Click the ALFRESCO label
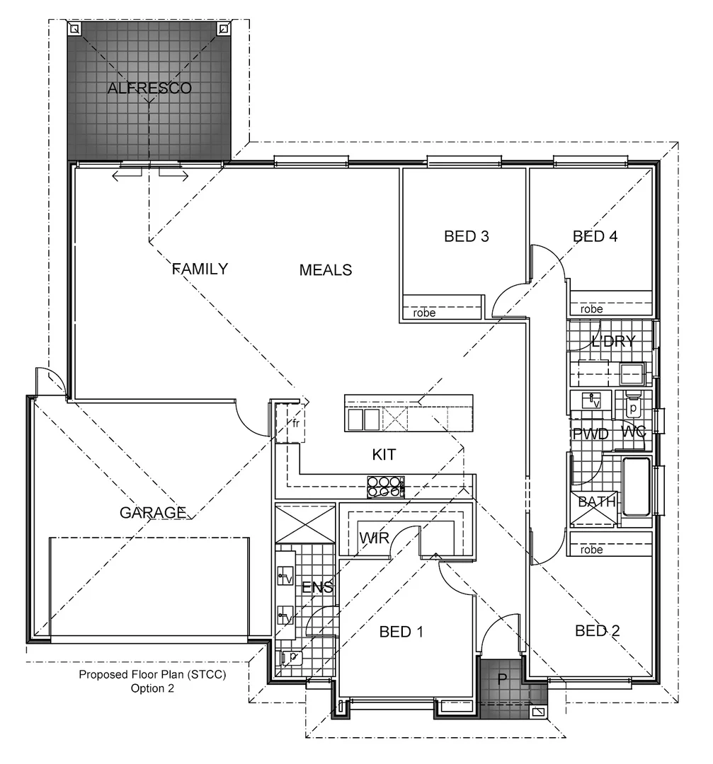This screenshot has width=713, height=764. pos(149,88)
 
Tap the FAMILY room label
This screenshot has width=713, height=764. pos(200,269)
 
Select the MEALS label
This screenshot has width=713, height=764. pos(326,270)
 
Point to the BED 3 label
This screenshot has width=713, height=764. pos(467,236)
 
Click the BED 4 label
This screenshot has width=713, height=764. pos(595,236)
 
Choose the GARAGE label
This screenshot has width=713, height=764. pos(153,512)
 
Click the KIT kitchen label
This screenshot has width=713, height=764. pos(384,454)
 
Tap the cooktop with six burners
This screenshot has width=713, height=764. pos(385,486)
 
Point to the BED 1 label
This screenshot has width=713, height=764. pos(401,631)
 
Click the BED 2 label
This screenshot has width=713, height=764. pos(597,630)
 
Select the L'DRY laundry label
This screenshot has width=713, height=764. pos(613,341)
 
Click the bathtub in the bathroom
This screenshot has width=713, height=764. pos(635,487)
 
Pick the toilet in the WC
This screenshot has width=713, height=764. pos(633,405)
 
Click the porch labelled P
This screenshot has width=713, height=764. pos(502,680)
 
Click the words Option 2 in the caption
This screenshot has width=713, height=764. pos(152,687)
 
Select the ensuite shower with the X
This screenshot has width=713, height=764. pos(304,523)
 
